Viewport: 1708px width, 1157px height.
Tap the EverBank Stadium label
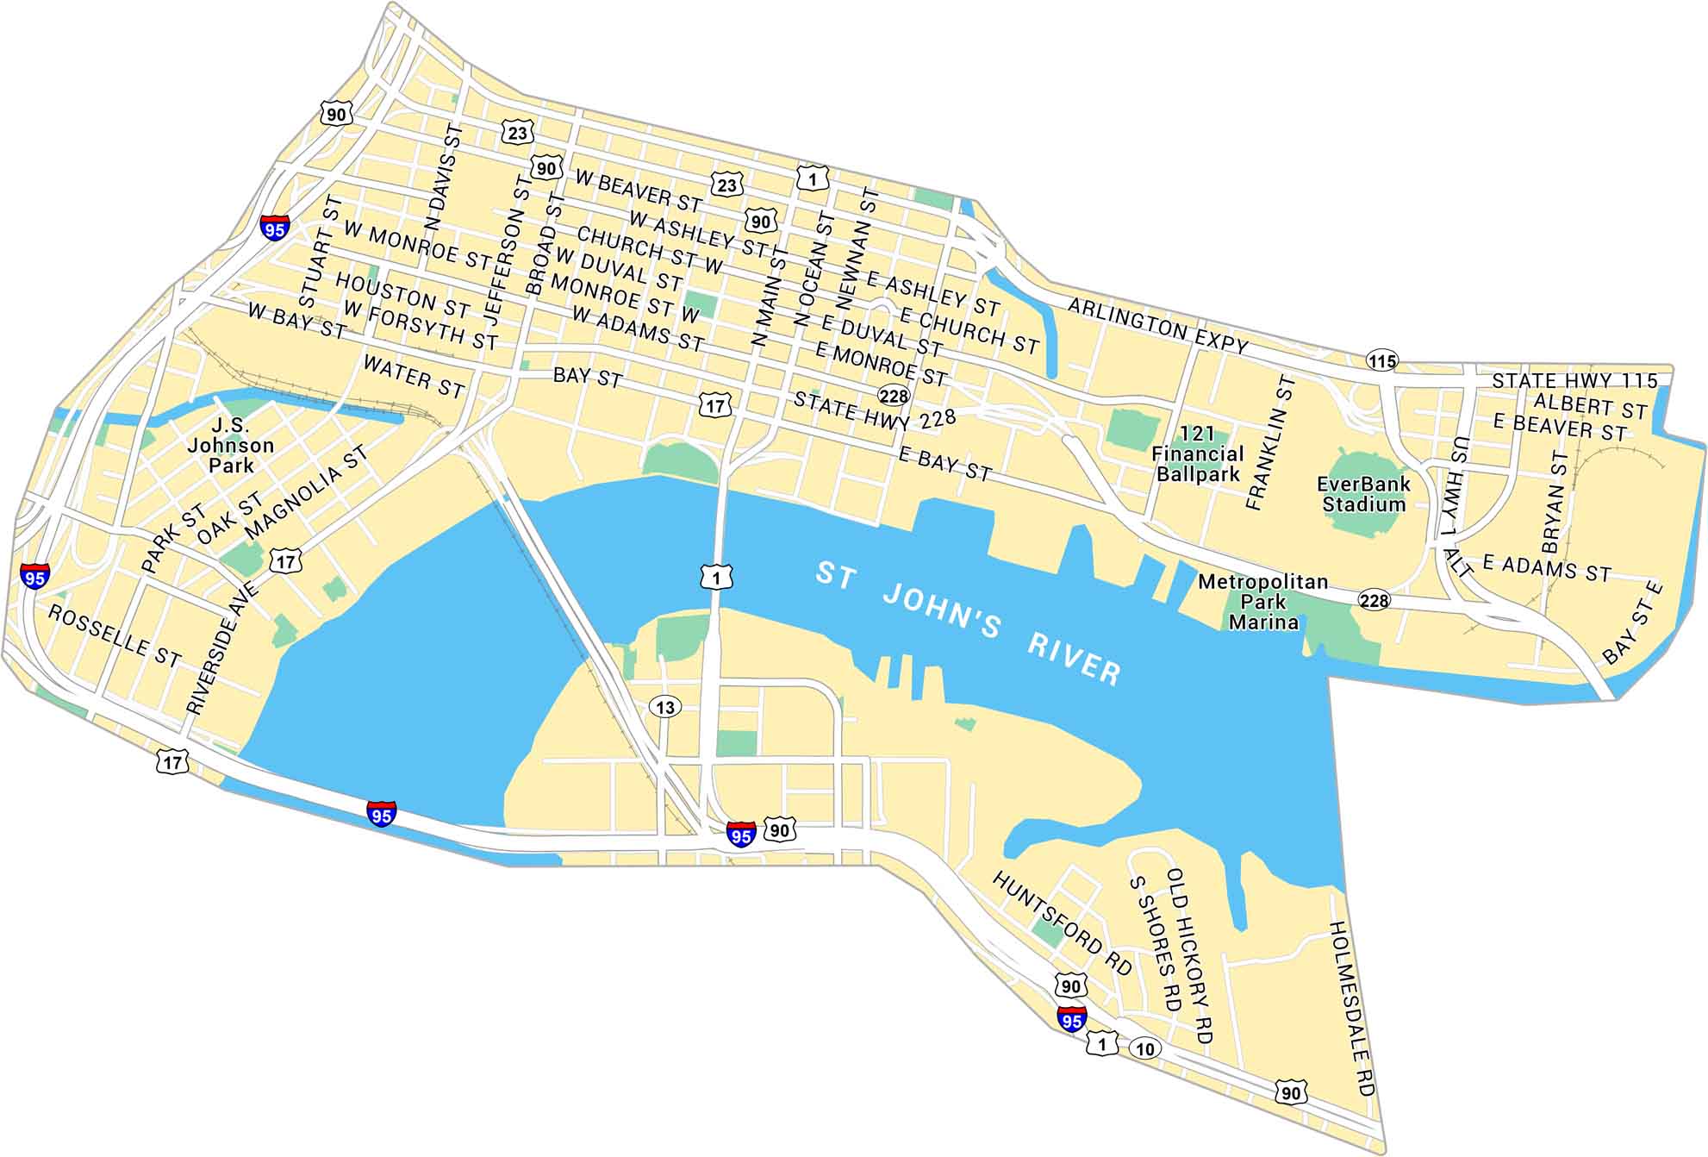point(1363,495)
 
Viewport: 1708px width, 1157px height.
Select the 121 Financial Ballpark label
point(1198,454)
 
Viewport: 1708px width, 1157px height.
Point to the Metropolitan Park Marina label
point(1263,602)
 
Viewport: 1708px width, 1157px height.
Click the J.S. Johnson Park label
point(230,445)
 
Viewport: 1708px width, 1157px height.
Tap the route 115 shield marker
point(1381,361)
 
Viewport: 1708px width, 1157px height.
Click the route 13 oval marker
point(665,708)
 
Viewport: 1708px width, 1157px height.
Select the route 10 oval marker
point(1144,1048)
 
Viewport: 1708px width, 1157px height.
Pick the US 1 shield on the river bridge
point(716,577)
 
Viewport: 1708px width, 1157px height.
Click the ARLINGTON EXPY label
point(1157,326)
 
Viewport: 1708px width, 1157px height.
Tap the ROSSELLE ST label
point(115,636)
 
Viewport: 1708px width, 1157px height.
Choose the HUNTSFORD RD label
point(1062,924)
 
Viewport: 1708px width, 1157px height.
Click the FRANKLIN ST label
point(1270,442)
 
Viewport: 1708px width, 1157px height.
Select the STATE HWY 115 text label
point(1574,380)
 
